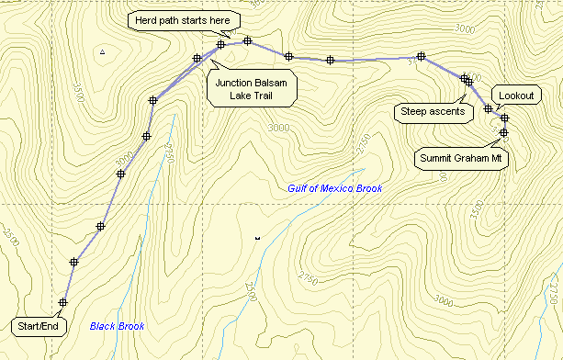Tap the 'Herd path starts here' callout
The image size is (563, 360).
184,19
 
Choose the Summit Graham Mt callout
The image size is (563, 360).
462,158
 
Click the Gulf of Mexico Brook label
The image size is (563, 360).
334,188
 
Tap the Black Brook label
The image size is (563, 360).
117,326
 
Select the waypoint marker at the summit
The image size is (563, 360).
504,133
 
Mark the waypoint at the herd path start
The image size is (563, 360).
221,44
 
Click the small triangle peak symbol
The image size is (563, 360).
103,53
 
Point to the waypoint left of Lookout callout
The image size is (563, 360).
489,109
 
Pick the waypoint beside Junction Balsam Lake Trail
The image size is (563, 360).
197,59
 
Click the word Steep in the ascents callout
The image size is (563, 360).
415,112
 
